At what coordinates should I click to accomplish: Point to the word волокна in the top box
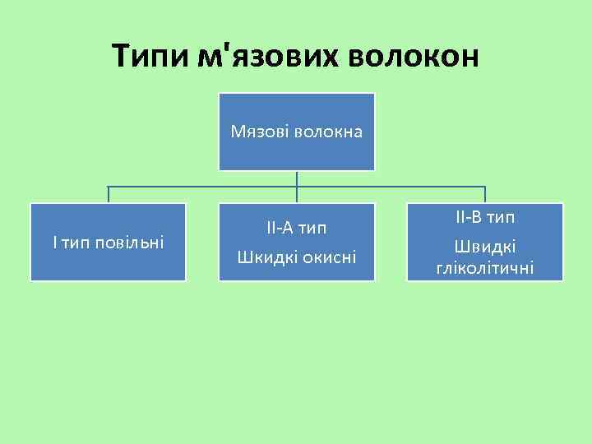(328, 131)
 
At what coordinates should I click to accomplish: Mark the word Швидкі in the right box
(485, 247)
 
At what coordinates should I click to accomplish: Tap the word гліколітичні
(485, 267)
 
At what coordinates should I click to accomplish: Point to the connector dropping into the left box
(108, 194)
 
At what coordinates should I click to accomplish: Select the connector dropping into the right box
(485, 194)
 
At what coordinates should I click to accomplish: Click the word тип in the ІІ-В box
(501, 218)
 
